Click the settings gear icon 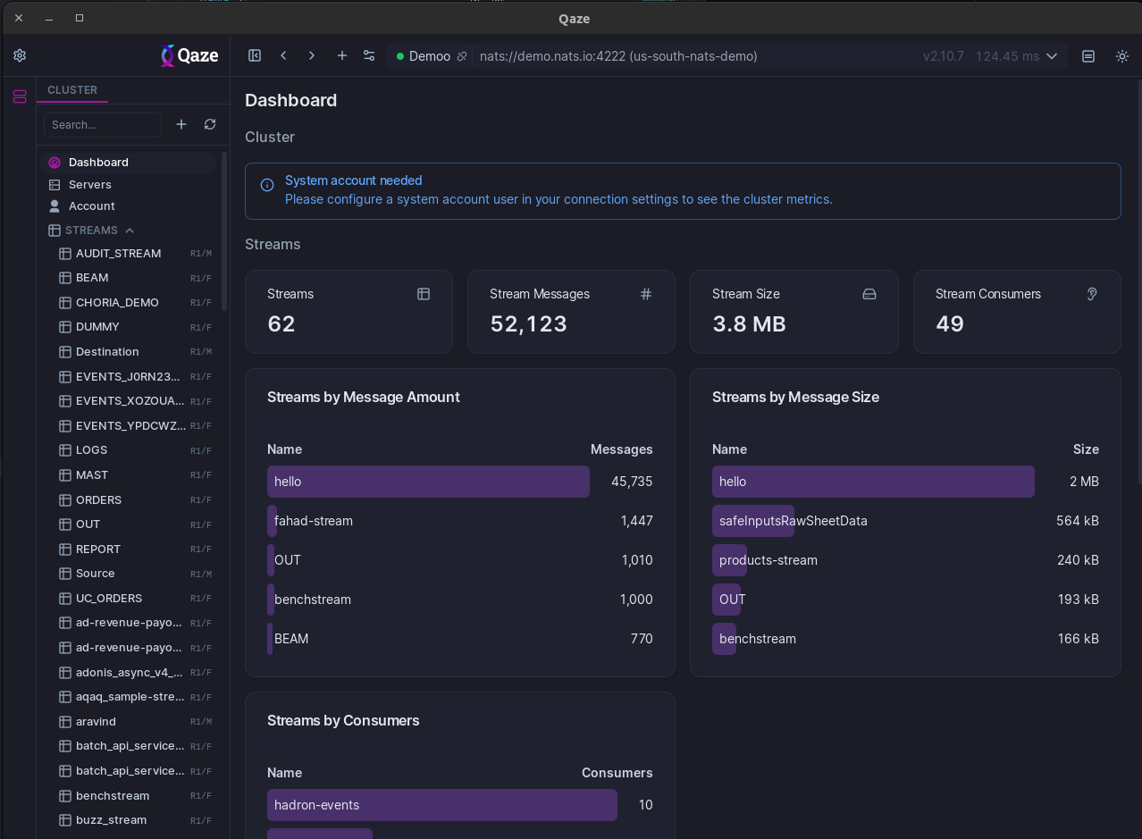tap(20, 55)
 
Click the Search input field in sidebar tap(102, 125)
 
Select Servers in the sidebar tap(90, 184)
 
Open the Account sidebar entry tap(92, 206)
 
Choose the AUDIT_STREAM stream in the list tap(118, 254)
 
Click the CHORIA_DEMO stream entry tap(117, 303)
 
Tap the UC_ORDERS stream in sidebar tap(109, 599)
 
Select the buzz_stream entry tap(111, 820)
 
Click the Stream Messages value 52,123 tap(528, 324)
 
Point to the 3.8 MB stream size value tap(749, 324)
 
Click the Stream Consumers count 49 tap(950, 324)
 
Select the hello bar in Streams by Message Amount tap(428, 482)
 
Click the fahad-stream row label tap(314, 521)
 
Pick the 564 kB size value tap(1077, 521)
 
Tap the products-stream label tap(768, 560)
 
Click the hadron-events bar tap(441, 805)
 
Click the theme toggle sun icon tap(1122, 56)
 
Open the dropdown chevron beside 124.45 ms tap(1052, 56)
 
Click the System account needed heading tap(353, 180)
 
